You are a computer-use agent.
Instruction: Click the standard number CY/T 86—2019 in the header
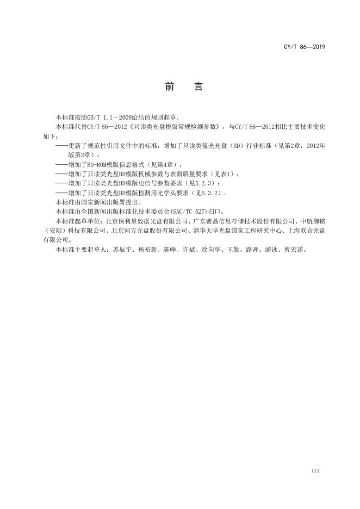(x=304, y=48)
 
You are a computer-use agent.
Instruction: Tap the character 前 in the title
(x=170, y=88)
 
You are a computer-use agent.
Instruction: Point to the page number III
(x=315, y=470)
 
